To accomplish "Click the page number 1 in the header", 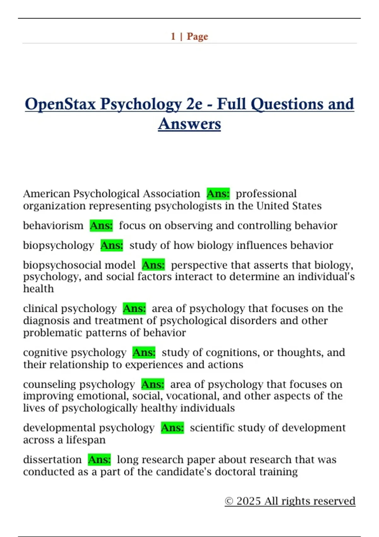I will tap(173, 36).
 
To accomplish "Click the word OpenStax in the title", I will tap(60, 104).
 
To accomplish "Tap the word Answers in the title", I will tap(189, 124).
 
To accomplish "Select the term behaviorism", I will tap(53, 226).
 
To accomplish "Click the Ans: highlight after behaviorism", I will tap(101, 226).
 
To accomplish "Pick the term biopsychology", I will tap(58, 245).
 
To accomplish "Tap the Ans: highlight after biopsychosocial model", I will tap(153, 265).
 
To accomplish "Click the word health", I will tap(39, 289).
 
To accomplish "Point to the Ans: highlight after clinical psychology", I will tap(134, 308).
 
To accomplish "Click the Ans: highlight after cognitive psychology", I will tap(144, 352).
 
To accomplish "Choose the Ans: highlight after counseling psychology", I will tap(153, 384).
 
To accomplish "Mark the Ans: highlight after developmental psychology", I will tap(172, 428).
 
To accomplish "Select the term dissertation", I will tap(52, 460).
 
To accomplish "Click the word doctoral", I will tap(235, 472).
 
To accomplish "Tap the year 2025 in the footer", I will tap(249, 501).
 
